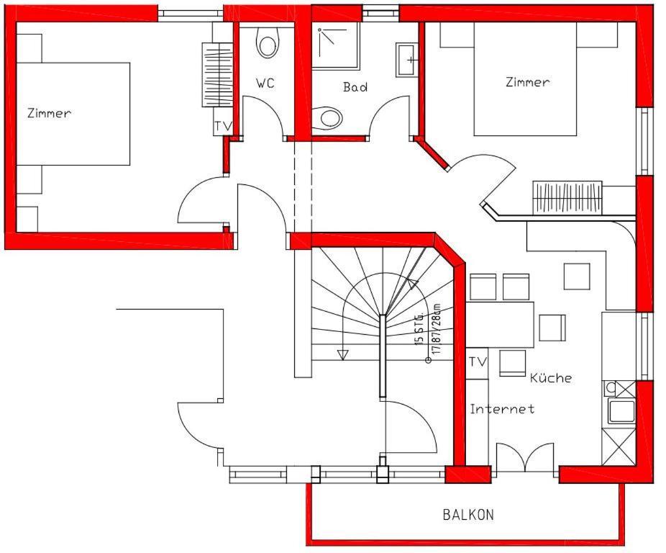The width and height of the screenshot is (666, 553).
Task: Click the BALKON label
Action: [468, 515]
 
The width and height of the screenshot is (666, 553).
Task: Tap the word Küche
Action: [551, 377]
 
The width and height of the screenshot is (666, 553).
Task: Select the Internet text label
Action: [502, 409]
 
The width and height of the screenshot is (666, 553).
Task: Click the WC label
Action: [265, 84]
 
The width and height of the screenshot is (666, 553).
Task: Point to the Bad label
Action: [355, 87]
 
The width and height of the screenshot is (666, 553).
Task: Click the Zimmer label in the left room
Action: [49, 113]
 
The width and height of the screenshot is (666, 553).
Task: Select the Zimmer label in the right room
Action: [527, 82]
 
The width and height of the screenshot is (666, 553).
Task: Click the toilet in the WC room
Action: [268, 45]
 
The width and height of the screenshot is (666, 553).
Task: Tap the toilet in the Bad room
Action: [330, 117]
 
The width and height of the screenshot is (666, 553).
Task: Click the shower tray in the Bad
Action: [334, 45]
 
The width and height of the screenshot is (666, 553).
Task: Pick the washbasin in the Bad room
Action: [406, 60]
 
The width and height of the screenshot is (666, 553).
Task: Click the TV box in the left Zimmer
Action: [223, 126]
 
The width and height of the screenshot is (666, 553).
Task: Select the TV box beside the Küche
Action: [478, 361]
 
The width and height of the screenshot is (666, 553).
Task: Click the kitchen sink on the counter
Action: [621, 411]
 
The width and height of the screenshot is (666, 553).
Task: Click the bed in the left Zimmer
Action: [72, 114]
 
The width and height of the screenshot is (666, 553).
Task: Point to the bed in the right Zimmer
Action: [526, 86]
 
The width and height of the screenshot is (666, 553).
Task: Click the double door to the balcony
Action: [526, 458]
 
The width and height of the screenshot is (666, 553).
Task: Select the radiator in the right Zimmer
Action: [567, 197]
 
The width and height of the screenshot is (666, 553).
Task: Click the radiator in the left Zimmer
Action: [217, 75]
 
